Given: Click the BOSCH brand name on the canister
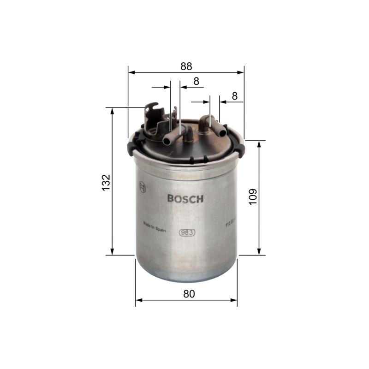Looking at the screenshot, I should pos(185,199).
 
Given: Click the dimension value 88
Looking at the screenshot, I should pos(186,66).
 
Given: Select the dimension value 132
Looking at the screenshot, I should pos(106,182).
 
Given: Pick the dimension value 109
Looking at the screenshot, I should pos(252,197).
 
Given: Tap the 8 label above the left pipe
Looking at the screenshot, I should pos(196,81).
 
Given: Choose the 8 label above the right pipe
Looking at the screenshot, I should pos(234,96).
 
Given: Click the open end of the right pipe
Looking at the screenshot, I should pos(223,132).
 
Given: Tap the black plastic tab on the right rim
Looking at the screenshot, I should pos(240,149).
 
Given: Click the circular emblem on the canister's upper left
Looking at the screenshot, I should pos(142,187).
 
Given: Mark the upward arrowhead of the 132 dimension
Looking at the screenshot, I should pos(112,111).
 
